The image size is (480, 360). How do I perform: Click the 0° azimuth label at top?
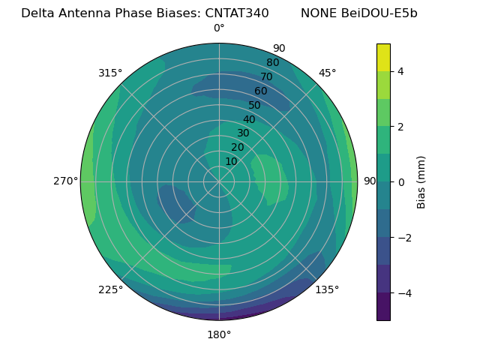pyautogui.click(x=219, y=28)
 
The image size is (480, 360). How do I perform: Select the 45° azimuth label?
pyautogui.click(x=327, y=73)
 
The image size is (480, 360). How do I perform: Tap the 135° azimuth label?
pyautogui.click(x=327, y=289)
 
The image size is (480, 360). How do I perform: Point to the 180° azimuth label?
pyautogui.click(x=219, y=334)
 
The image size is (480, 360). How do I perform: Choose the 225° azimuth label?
pyautogui.click(x=110, y=289)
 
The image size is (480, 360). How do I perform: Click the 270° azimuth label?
pyautogui.click(x=65, y=181)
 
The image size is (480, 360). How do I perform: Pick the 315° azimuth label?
pyautogui.click(x=110, y=73)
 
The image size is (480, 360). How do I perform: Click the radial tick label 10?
pyautogui.click(x=231, y=161)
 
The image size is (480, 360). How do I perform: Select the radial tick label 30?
pyautogui.click(x=243, y=133)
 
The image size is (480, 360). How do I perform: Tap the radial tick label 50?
pyautogui.click(x=255, y=106)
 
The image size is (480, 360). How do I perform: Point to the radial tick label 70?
pyautogui.click(x=266, y=77)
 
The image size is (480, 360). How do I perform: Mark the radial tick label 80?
pyautogui.click(x=272, y=63)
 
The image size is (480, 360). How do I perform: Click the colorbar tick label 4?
pyautogui.click(x=401, y=71)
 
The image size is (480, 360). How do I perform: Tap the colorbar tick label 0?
pyautogui.click(x=401, y=182)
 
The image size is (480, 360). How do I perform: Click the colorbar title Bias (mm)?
pyautogui.click(x=421, y=182)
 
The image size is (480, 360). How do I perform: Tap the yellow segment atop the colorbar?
pyautogui.click(x=383, y=58)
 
